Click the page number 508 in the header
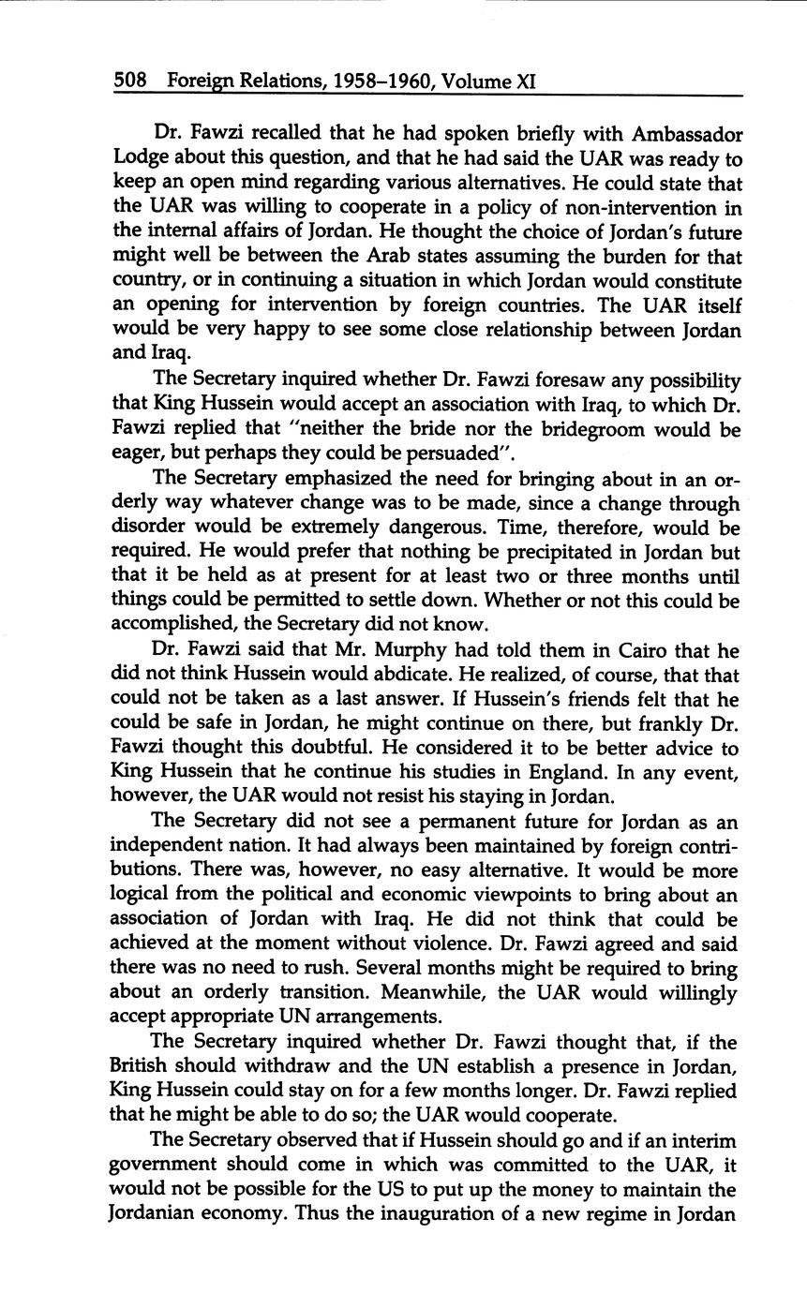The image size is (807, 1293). pos(130,82)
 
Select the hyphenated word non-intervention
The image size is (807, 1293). pos(607,207)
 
